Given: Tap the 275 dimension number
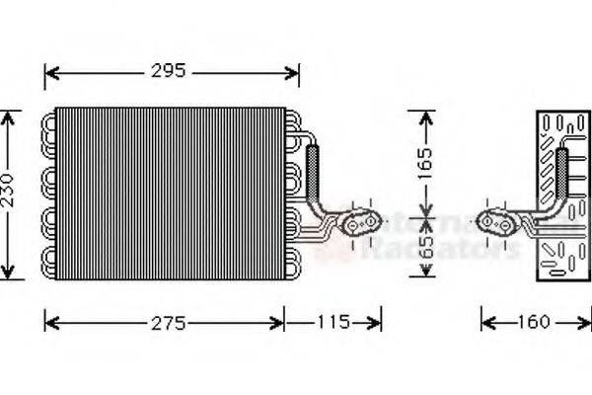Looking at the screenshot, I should point(167,322).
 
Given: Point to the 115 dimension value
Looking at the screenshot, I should point(333,322).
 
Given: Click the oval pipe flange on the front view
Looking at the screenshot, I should point(361,224).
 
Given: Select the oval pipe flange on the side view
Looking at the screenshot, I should point(498,224).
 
